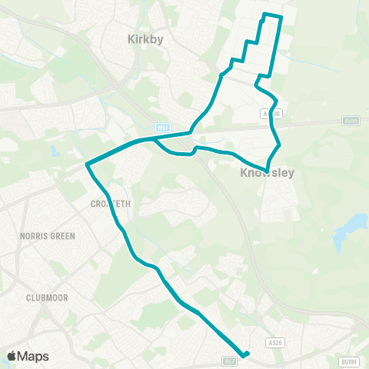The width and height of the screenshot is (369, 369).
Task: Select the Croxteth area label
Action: pyautogui.click(x=111, y=204)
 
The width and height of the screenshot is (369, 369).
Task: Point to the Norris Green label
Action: pyautogui.click(x=48, y=236)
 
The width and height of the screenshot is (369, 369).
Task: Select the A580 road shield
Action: pyautogui.click(x=350, y=121)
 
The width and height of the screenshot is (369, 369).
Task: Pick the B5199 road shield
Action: pyautogui.click(x=349, y=361)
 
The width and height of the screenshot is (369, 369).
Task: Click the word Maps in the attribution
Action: pyautogui.click(x=35, y=356)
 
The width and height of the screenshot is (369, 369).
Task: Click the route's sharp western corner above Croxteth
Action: pyautogui.click(x=88, y=165)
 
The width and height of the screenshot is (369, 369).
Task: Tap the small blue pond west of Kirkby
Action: pyautogui.click(x=55, y=151)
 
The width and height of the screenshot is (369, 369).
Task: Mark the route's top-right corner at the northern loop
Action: pyautogui.click(x=282, y=17)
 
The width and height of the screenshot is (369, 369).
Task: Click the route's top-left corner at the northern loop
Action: pyautogui.click(x=264, y=14)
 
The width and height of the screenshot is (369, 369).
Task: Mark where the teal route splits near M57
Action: pyautogui.click(x=153, y=139)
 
